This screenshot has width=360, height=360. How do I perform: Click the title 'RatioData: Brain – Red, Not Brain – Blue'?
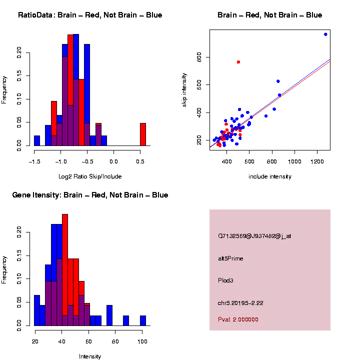[90, 15]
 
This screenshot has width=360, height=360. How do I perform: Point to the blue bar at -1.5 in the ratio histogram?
[37, 140]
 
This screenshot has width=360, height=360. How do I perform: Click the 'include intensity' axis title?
[269, 176]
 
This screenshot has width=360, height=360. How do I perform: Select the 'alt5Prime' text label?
[230, 258]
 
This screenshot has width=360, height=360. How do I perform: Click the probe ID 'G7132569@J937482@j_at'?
[254, 236]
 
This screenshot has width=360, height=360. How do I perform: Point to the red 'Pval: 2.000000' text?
[238, 319]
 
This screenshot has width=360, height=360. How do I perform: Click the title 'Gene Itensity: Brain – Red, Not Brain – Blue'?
[90, 195]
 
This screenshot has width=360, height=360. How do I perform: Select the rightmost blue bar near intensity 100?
[143, 320]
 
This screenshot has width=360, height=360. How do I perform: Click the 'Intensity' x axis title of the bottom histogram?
[90, 356]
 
